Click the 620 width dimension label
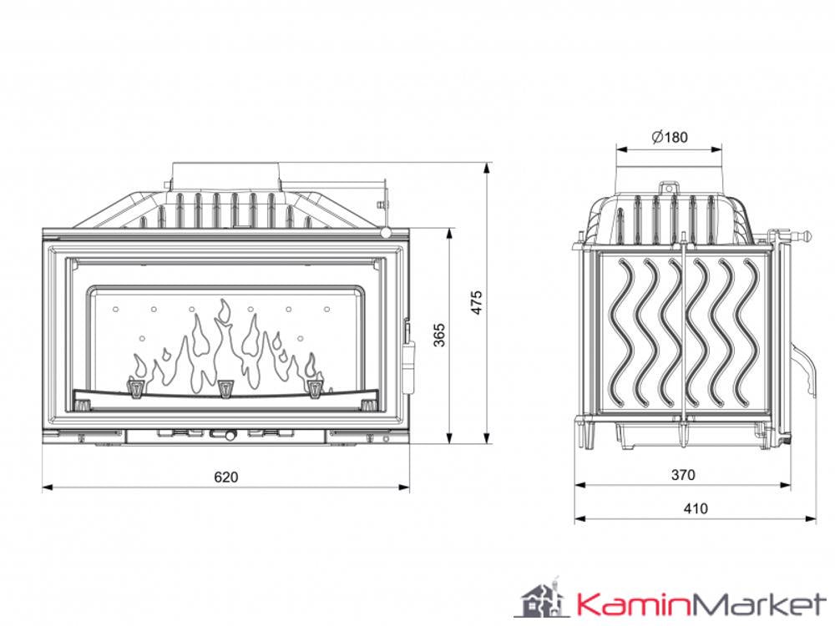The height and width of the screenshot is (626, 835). [x=225, y=477]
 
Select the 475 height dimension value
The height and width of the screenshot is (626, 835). [x=476, y=303]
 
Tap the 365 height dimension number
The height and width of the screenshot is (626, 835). [x=440, y=334]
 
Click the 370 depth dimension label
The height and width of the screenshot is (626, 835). [x=682, y=475]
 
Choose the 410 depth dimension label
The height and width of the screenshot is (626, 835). [x=695, y=508]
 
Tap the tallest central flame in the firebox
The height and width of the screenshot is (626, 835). [x=223, y=342]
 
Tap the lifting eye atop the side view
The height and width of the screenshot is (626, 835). [x=668, y=188]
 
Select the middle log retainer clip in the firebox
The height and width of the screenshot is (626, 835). [x=225, y=388]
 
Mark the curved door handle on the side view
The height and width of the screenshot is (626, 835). [x=803, y=367]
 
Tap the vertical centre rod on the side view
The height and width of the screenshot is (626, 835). [x=682, y=334]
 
